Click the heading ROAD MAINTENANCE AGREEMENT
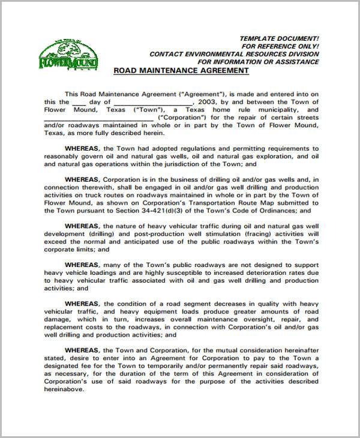[181, 70]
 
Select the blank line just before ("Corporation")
[91, 119]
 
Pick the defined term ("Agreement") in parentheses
[200, 94]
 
